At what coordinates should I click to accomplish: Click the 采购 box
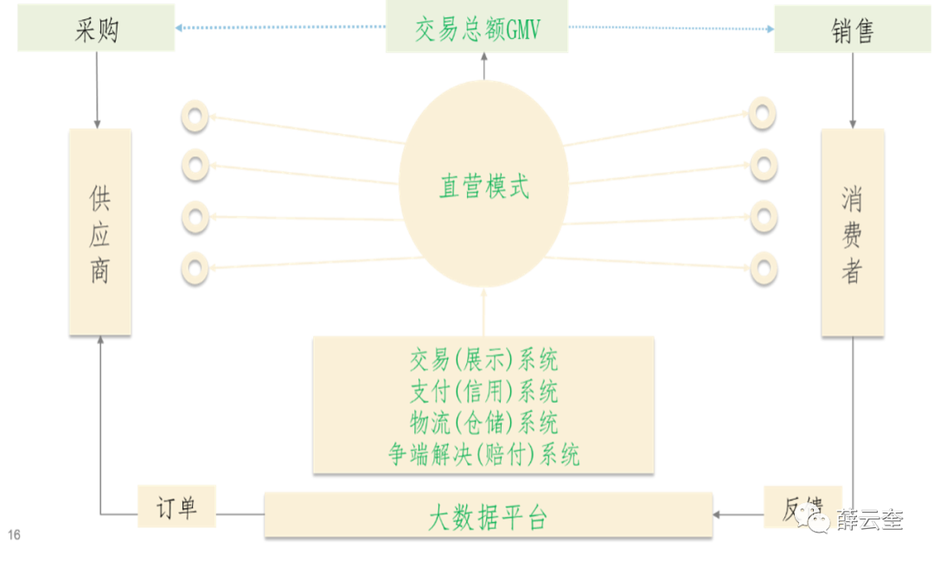[96, 29]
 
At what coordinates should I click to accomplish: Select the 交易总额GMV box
[477, 29]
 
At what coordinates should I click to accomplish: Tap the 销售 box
[852, 29]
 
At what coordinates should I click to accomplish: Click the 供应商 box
[100, 232]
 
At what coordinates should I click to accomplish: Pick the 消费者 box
[852, 232]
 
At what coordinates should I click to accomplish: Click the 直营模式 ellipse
[483, 187]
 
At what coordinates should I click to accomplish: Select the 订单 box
[176, 507]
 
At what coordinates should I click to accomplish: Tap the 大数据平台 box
[489, 515]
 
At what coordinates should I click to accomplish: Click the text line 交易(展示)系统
[483, 360]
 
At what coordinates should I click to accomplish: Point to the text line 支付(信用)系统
[483, 391]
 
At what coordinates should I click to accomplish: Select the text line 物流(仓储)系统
[483, 422]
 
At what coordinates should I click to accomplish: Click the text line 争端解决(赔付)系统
[483, 453]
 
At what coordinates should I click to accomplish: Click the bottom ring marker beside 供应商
[195, 265]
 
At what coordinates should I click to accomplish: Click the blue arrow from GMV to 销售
[670, 29]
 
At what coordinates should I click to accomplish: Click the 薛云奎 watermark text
[869, 519]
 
